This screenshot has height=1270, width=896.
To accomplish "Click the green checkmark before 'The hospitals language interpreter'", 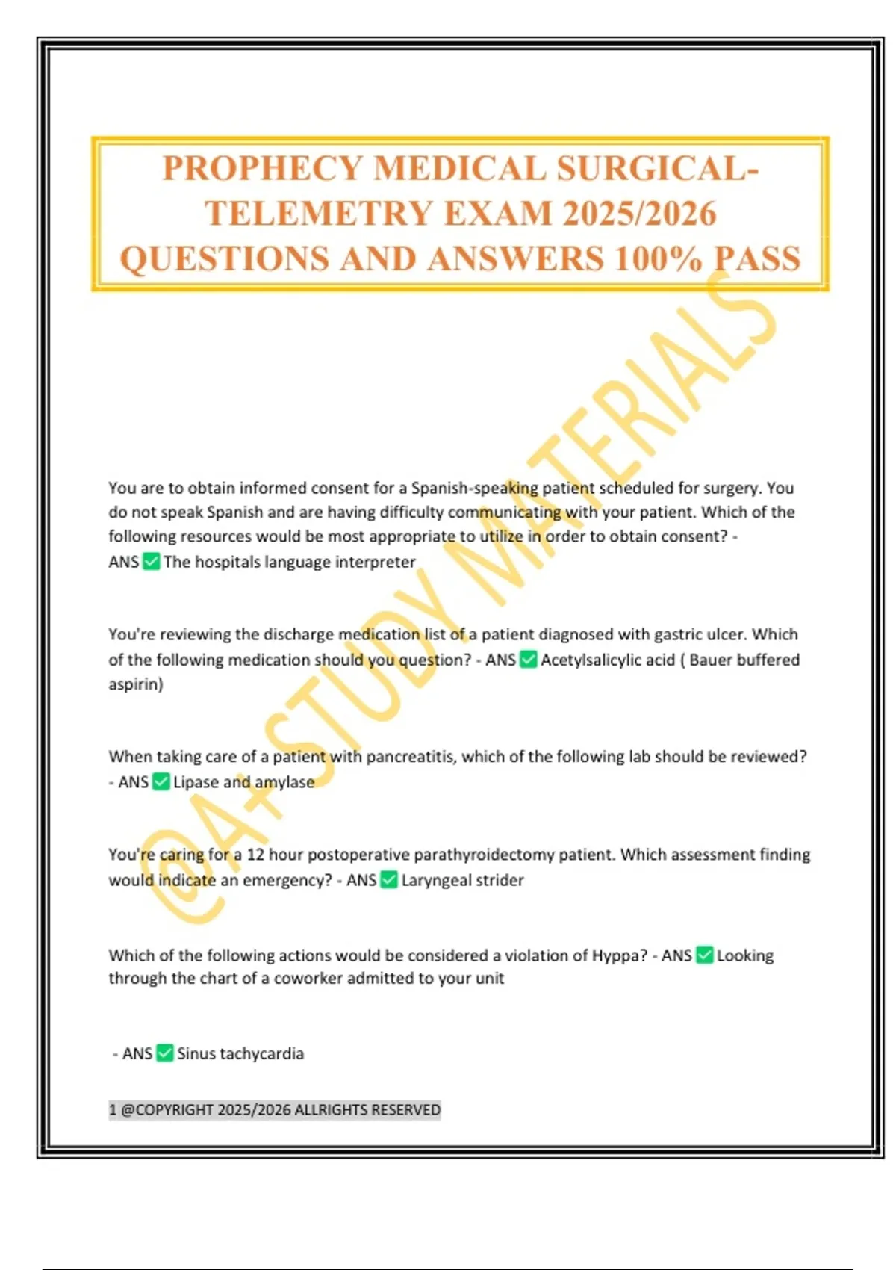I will [x=152, y=561].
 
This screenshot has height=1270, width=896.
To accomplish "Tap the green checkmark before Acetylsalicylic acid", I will [x=529, y=660].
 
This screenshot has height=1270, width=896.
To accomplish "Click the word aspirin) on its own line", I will [x=136, y=684].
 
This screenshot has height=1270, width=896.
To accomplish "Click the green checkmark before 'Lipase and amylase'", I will [x=161, y=781].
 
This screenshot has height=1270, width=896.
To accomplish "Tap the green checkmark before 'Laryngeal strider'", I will [x=388, y=880].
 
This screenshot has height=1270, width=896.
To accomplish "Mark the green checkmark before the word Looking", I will [x=704, y=955].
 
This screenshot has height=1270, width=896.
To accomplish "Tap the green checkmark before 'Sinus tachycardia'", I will [x=165, y=1053].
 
